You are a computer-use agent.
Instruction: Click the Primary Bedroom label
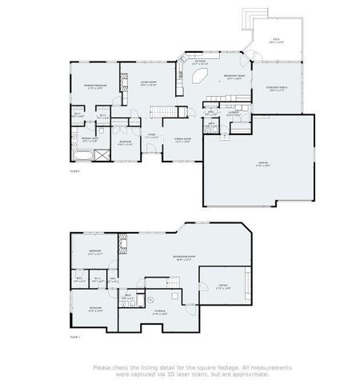(x=94, y=87)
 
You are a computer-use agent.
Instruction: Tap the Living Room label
(x=149, y=83)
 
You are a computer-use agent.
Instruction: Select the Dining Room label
(x=182, y=141)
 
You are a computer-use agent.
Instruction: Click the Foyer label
(x=151, y=137)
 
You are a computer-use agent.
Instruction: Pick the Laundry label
(x=233, y=114)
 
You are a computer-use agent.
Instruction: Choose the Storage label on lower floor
(x=160, y=313)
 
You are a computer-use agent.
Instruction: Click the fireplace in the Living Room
(x=123, y=84)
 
